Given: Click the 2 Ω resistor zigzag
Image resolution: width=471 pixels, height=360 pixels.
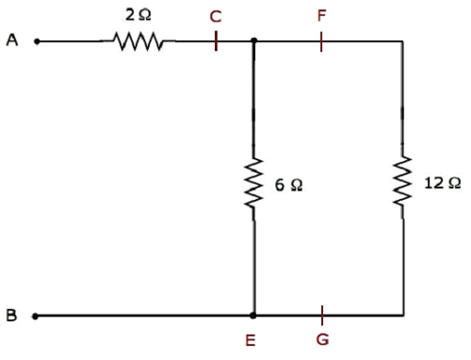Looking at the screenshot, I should point(138,41).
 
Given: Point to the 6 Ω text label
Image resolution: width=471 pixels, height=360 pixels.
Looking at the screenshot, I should point(289,187).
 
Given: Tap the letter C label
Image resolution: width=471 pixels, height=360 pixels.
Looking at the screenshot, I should point(217,17).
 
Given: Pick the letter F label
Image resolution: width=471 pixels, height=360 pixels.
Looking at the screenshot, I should point(321,17).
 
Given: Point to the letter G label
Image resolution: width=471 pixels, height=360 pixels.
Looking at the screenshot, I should point(322,340).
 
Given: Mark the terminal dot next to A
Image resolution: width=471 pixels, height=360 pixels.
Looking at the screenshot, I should point(36,41).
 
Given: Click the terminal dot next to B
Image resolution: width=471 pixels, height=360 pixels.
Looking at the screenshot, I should point(36,316).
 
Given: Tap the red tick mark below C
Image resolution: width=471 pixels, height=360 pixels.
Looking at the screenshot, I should point(216,41).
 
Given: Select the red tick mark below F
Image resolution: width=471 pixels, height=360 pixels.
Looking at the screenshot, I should point(321,41).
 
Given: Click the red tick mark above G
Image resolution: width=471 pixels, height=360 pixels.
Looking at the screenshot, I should point(322,314).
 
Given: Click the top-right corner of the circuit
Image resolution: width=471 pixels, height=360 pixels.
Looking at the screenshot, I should point(402,41).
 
